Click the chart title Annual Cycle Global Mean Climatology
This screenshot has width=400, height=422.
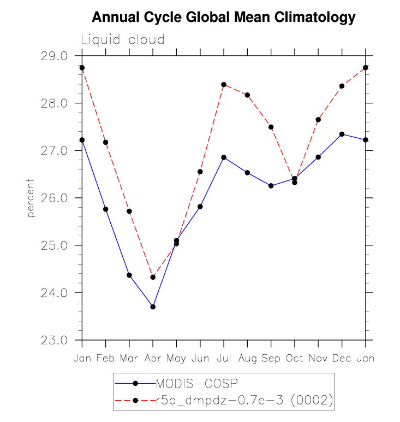[223, 17]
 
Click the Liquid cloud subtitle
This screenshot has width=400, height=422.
[123, 40]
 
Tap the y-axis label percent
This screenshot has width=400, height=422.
[31, 197]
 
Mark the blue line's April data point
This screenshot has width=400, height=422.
[153, 307]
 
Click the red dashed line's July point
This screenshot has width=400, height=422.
[224, 85]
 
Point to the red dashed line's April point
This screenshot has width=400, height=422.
[153, 277]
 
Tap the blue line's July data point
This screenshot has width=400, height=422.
[224, 157]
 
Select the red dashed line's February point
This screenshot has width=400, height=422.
[105, 142]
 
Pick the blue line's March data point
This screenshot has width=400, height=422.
[129, 275]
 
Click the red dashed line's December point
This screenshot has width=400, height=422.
[342, 86]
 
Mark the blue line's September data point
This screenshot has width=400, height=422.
[271, 186]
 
